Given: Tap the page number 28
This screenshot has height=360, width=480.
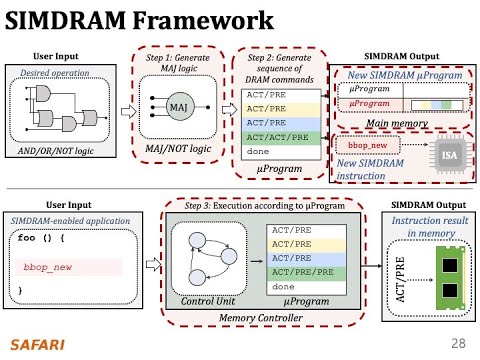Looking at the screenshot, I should (x=459, y=343).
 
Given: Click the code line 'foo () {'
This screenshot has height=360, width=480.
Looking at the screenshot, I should (x=41, y=240).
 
